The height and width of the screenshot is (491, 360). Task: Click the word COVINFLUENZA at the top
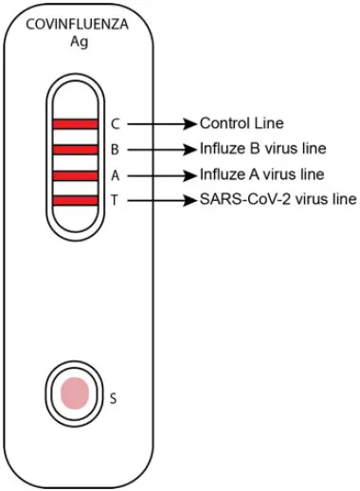(x=76, y=26)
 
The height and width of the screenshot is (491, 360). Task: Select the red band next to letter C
(x=76, y=124)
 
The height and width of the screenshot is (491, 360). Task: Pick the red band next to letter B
(x=76, y=150)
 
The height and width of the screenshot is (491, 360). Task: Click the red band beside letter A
(x=76, y=175)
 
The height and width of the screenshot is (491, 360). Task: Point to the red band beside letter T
(x=76, y=200)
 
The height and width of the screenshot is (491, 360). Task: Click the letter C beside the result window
(x=115, y=124)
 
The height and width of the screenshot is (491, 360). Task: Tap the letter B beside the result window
(x=115, y=150)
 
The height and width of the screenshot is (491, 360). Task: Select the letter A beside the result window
(x=115, y=175)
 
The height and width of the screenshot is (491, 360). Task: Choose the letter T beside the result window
(x=115, y=200)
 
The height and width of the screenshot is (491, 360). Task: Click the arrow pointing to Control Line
(x=161, y=124)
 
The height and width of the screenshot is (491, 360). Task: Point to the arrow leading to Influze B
(x=161, y=150)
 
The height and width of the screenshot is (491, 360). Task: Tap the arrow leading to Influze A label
(x=161, y=175)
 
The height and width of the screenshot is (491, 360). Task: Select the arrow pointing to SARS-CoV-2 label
(x=161, y=200)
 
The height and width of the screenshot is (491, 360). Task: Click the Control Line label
(x=241, y=123)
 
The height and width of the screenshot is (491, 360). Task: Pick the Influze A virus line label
(x=261, y=174)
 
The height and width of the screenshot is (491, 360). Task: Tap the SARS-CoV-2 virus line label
(x=277, y=199)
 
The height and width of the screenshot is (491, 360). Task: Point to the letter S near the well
(x=114, y=398)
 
